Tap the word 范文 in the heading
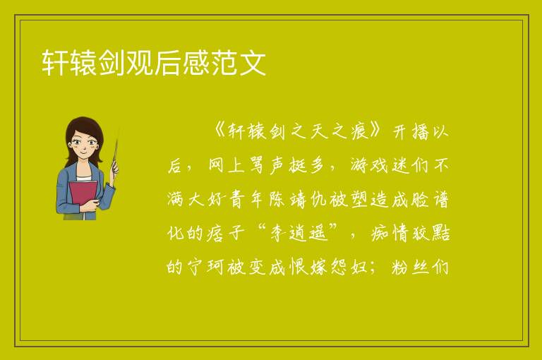238,63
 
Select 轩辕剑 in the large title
83,63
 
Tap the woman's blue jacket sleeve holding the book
104,197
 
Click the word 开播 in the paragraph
410,132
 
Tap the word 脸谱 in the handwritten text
430,200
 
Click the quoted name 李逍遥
299,234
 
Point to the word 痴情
390,234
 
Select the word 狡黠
430,234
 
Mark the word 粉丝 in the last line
410,268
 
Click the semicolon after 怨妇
373,268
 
